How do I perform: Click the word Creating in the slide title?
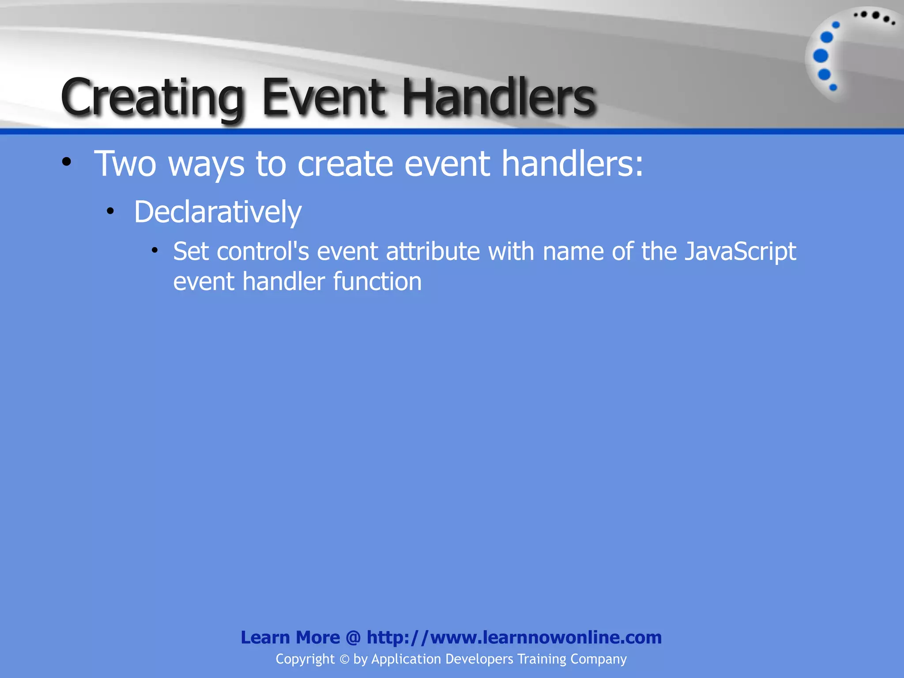[x=153, y=98]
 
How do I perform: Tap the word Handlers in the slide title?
[x=499, y=97]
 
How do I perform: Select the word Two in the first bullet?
[x=125, y=164]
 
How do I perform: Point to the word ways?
[x=206, y=165]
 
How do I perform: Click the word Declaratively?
[x=218, y=212]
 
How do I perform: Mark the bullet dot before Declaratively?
[x=110, y=211]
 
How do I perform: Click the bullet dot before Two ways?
[x=66, y=162]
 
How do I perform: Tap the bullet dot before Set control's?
[x=154, y=251]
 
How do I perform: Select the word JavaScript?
[x=740, y=252]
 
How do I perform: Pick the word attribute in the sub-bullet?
[x=433, y=252]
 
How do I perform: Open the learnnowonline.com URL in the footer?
[x=514, y=637]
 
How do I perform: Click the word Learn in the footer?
[x=265, y=637]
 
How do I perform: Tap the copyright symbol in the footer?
[x=344, y=659]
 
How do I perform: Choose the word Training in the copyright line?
[x=542, y=659]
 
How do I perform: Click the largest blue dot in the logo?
[x=821, y=56]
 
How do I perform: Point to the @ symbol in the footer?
[x=353, y=637]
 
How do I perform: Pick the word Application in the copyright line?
[x=406, y=659]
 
